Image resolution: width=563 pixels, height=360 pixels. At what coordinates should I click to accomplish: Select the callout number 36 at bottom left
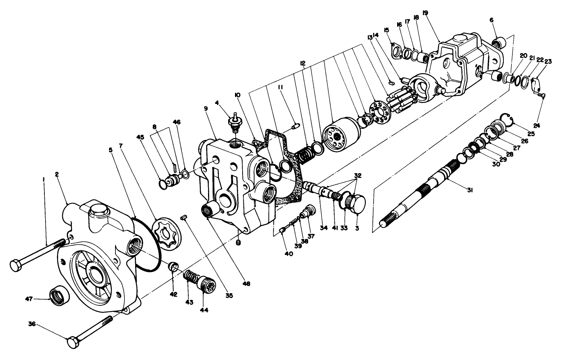click(32, 324)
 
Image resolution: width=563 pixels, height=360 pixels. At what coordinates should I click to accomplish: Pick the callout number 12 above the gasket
click(302, 63)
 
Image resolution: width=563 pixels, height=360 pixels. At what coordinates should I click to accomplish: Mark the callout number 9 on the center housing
click(205, 108)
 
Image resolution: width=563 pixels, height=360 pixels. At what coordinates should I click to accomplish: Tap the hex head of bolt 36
click(73, 342)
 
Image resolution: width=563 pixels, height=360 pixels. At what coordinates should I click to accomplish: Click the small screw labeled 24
click(542, 96)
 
